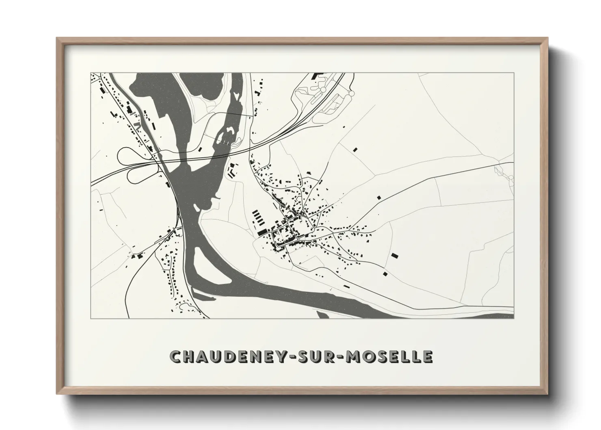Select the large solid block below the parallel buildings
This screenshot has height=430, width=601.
pyautogui.click(x=262, y=231)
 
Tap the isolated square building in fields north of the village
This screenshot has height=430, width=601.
pyautogui.click(x=356, y=150)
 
